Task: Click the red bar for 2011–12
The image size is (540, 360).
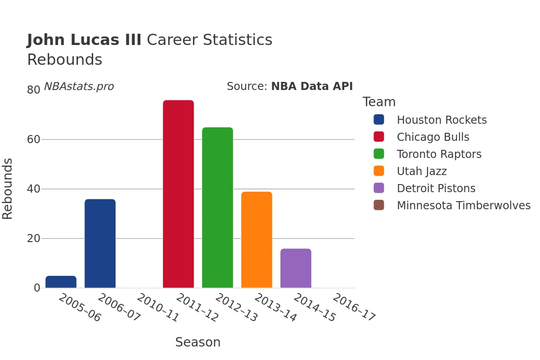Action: [178, 194]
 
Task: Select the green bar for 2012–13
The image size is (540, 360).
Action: [217, 207]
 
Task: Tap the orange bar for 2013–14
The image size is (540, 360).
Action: [256, 240]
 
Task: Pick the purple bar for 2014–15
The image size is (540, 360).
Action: [296, 268]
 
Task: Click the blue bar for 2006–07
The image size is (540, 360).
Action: [100, 243]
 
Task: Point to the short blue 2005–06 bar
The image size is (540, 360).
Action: [61, 282]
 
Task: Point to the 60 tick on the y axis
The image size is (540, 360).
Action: [34, 139]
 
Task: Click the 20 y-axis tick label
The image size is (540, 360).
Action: [34, 238]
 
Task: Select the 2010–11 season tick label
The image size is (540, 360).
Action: [158, 308]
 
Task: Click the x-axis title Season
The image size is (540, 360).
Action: [198, 342]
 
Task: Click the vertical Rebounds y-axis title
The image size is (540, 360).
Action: [8, 189]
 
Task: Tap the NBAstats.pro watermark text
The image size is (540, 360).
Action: [79, 86]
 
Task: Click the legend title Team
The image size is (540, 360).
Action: [379, 102]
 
